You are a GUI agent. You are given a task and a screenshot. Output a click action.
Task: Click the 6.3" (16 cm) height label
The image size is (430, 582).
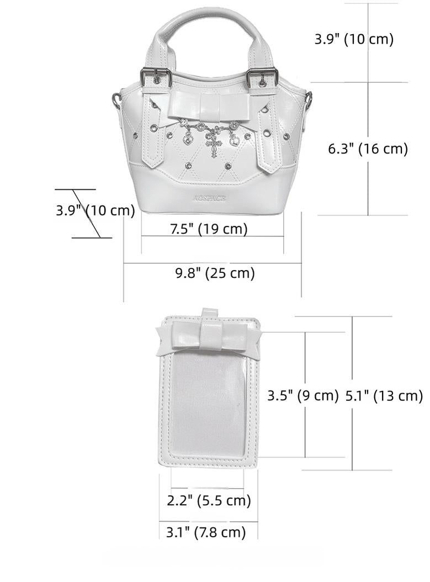point(368,149)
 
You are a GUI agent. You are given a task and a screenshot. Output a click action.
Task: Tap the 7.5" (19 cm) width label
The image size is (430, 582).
point(208,229)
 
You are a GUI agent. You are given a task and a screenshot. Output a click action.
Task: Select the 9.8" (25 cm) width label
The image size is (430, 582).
point(215,273)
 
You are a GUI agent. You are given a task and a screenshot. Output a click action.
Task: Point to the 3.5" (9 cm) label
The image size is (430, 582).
point(302,395)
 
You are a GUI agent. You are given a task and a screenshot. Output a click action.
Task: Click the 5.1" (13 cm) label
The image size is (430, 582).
point(384,395)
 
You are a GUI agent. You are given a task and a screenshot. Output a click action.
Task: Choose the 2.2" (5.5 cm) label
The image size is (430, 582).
point(209,501)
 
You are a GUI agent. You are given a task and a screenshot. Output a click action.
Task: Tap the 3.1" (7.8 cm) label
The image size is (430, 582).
point(206,532)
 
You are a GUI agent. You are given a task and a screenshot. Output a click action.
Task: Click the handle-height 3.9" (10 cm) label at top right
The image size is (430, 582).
point(354,39)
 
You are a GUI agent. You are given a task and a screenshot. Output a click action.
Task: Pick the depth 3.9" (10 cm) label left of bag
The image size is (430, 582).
point(95,210)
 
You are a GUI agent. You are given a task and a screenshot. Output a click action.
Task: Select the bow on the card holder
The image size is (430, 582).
point(208,337)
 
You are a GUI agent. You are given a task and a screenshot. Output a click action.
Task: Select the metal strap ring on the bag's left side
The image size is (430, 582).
point(116,100)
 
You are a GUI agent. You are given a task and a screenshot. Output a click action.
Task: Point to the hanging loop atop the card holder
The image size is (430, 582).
point(209,314)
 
